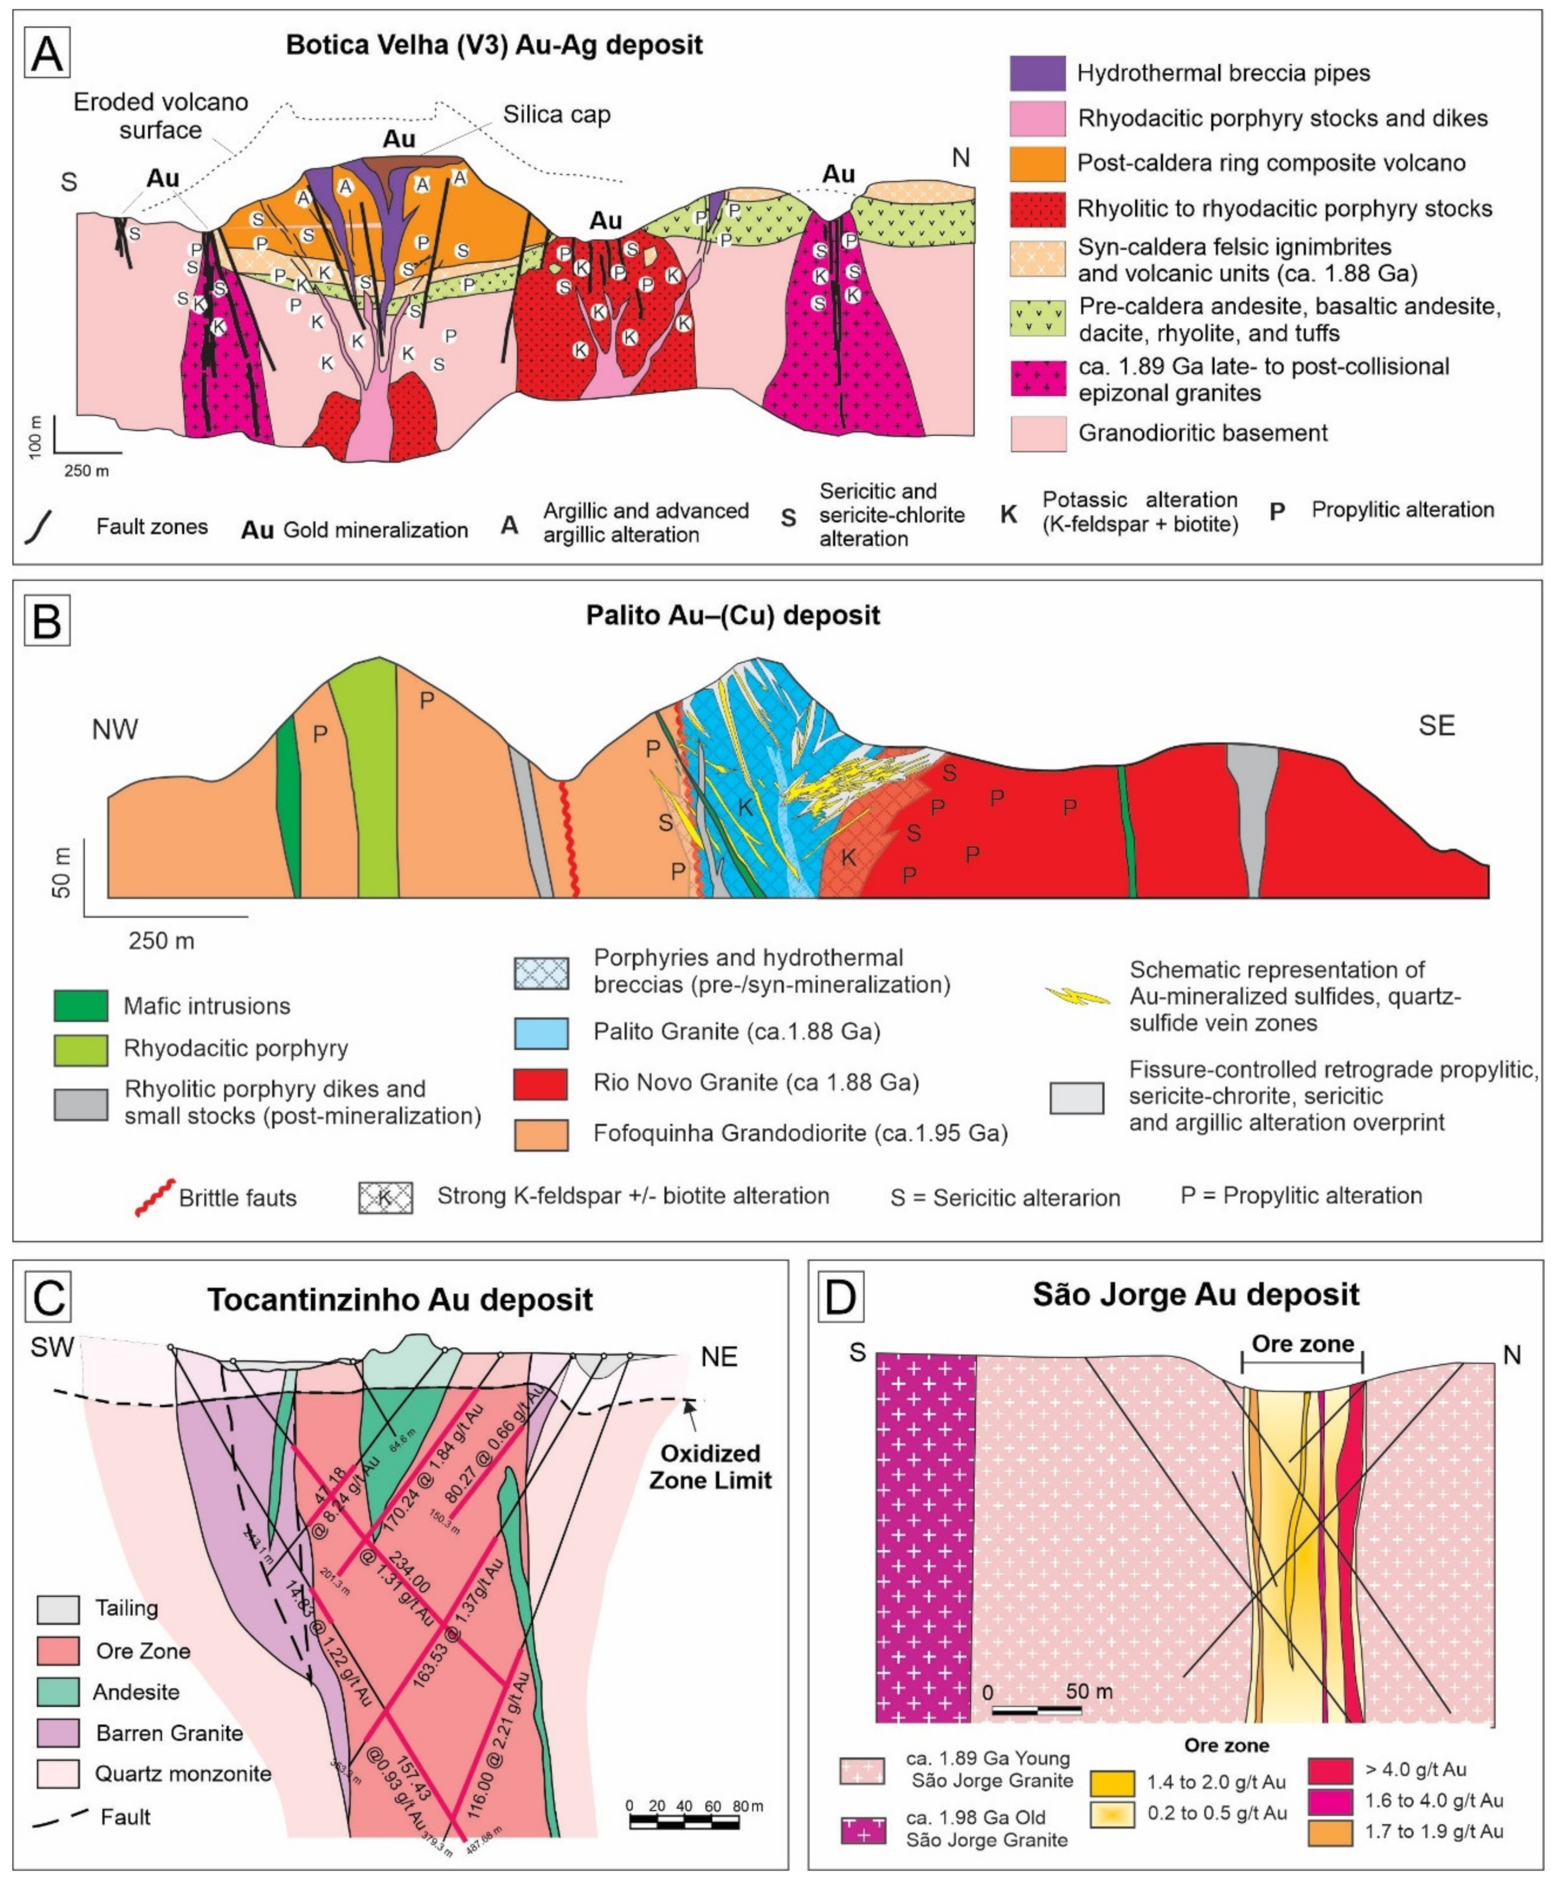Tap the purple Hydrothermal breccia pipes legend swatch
1037,73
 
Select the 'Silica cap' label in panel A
556,115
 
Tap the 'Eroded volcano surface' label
161,115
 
